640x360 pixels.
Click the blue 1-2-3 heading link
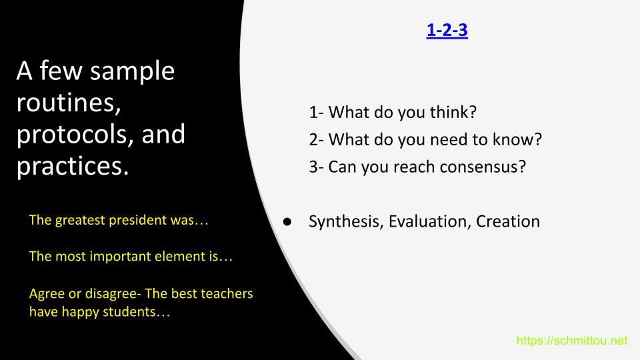point(447,30)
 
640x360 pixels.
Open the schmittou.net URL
point(572,341)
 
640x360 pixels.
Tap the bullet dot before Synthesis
point(287,221)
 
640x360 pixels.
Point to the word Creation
point(508,221)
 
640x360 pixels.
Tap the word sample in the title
point(132,72)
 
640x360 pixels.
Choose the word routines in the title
point(69,103)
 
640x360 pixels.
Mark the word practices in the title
point(72,166)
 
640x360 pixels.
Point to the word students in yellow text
point(129,312)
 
